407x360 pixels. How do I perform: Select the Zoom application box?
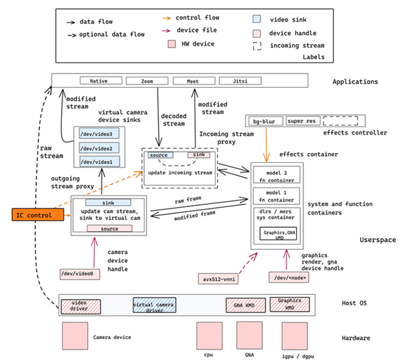coord(147,81)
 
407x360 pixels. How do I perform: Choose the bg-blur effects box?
coord(264,121)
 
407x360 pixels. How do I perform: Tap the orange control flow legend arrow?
coord(167,18)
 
